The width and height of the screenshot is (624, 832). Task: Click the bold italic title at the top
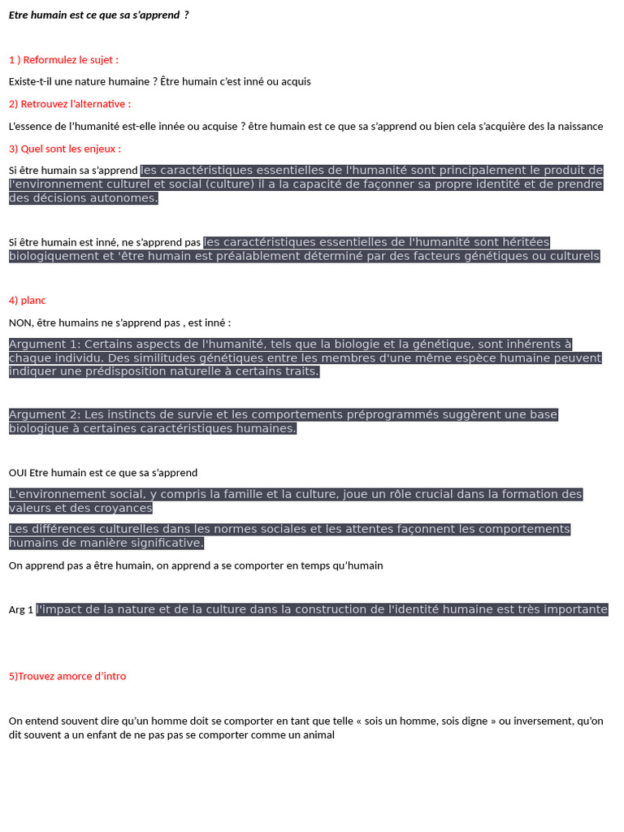(99, 15)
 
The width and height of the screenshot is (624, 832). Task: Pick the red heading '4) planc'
(28, 301)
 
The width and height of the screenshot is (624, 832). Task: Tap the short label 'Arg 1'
(21, 610)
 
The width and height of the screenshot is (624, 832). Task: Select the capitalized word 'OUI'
(18, 473)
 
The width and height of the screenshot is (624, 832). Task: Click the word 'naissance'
(578, 126)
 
